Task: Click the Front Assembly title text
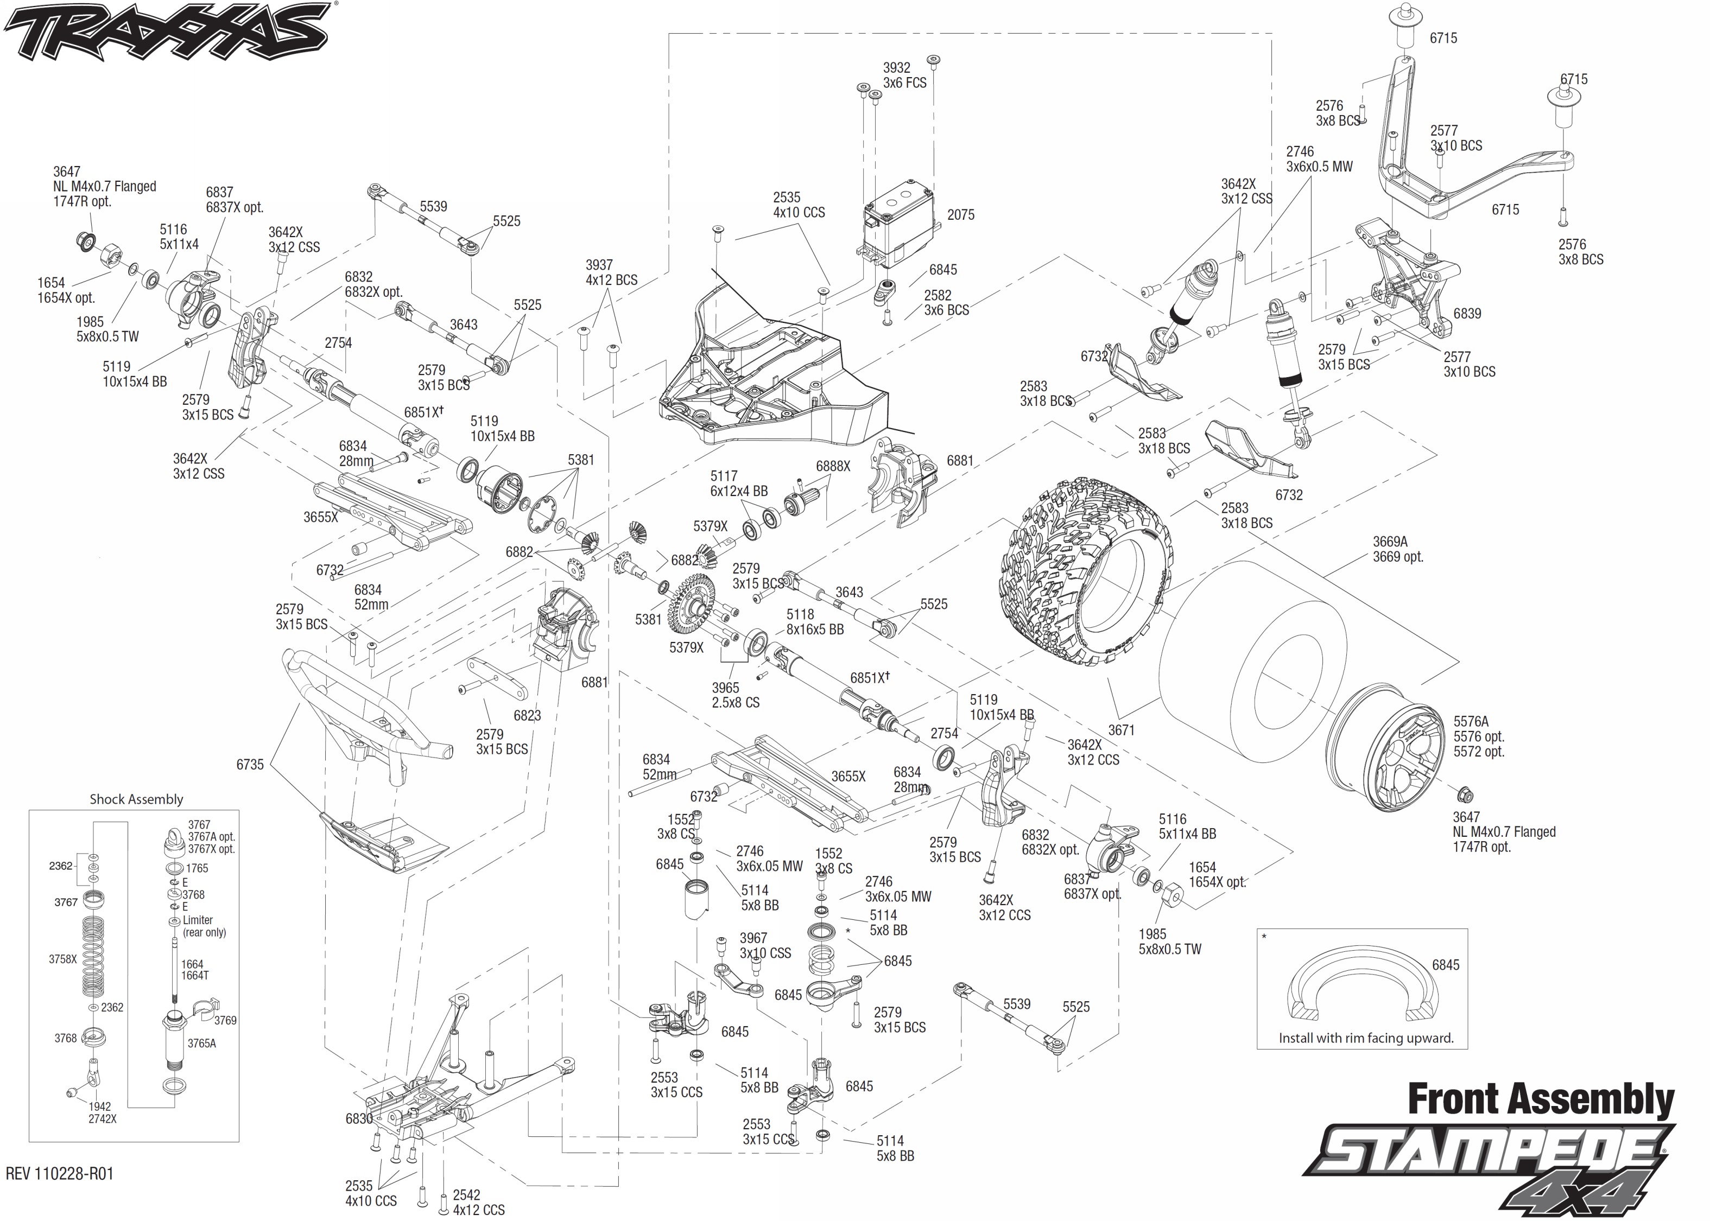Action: click(x=1540, y=1099)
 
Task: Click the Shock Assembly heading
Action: click(x=136, y=799)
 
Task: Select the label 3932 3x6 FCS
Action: click(x=904, y=75)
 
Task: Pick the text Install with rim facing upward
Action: click(x=1366, y=1038)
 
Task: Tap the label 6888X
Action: click(x=832, y=466)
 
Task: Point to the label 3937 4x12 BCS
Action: click(x=611, y=272)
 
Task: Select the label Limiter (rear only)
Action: click(x=203, y=926)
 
